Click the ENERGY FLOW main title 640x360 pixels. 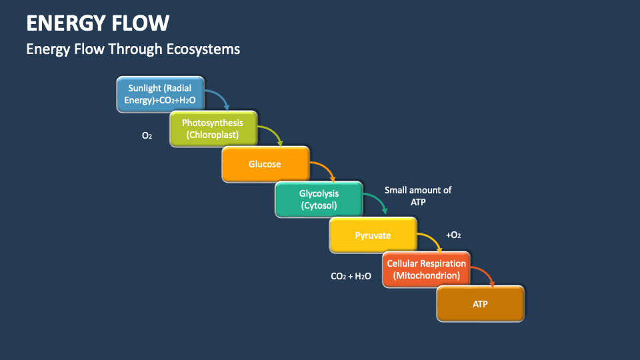click(x=97, y=23)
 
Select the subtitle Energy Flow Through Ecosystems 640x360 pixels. click(x=133, y=49)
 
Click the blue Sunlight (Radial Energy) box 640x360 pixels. click(x=160, y=94)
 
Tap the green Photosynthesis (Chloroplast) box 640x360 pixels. click(x=213, y=129)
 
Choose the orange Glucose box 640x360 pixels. click(x=265, y=164)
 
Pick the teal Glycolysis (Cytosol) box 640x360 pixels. click(x=319, y=199)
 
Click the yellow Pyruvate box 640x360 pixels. click(x=373, y=235)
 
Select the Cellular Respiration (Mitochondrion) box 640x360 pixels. click(x=426, y=269)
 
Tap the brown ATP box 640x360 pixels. click(x=480, y=304)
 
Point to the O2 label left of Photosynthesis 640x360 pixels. click(x=147, y=135)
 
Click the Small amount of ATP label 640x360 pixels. click(x=418, y=196)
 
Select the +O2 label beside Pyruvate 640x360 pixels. click(x=453, y=235)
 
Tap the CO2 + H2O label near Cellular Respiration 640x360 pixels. click(x=351, y=275)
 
